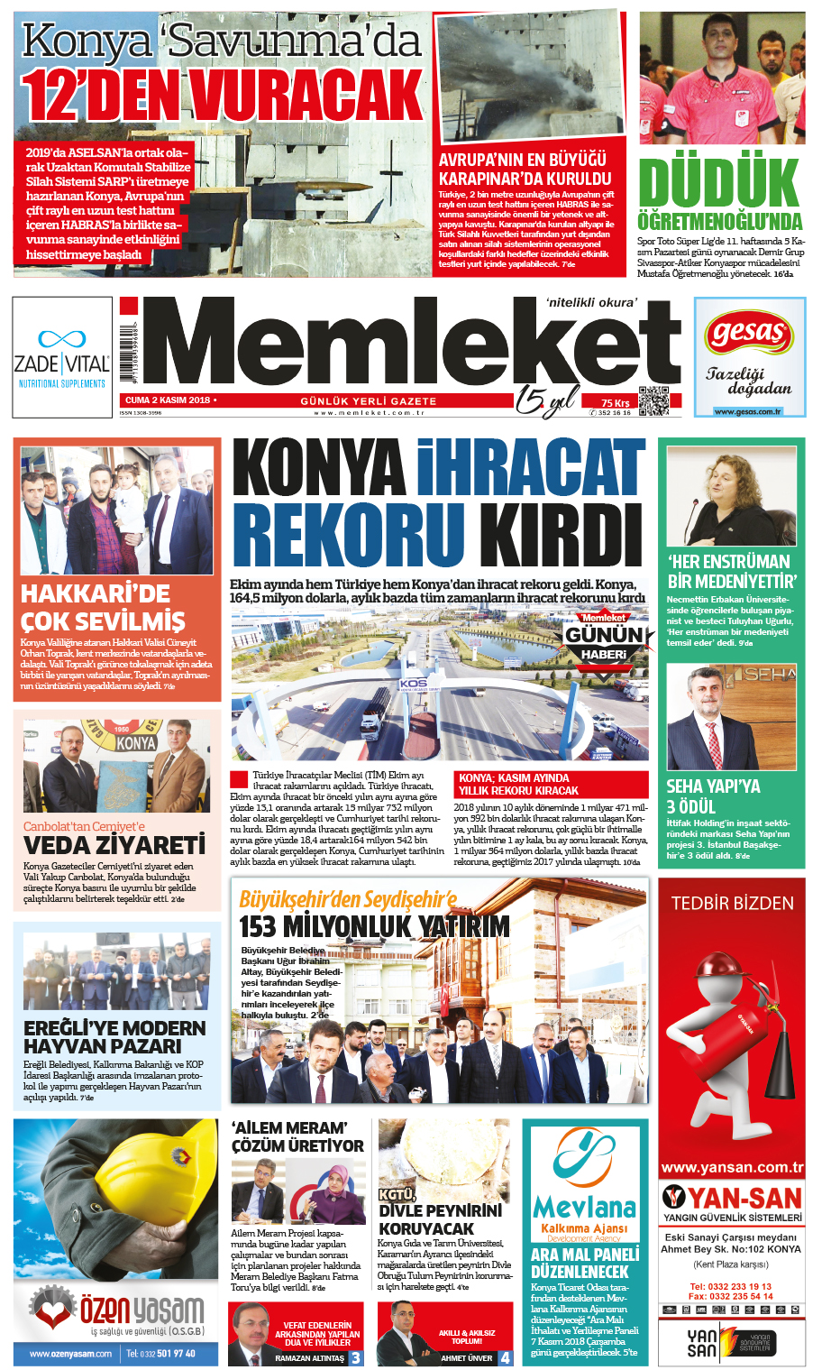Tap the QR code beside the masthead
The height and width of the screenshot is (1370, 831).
[653, 400]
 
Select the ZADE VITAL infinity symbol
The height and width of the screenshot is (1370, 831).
[61, 340]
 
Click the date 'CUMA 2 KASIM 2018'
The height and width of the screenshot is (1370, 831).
[168, 400]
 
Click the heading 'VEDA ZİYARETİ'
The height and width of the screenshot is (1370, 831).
[114, 846]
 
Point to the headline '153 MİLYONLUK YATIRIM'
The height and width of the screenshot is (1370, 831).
[374, 926]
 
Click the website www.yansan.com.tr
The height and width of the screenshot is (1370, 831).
[732, 1167]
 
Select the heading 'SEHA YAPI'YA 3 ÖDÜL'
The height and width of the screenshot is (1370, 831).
[713, 796]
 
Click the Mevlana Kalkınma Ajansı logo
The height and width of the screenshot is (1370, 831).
[585, 1182]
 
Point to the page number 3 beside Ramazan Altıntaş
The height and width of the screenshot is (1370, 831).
[356, 1357]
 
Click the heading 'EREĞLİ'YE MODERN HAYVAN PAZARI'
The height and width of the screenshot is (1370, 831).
[114, 1037]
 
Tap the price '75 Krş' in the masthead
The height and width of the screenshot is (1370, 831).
[616, 403]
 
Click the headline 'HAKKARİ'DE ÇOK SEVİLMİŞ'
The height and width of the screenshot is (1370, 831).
[103, 608]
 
